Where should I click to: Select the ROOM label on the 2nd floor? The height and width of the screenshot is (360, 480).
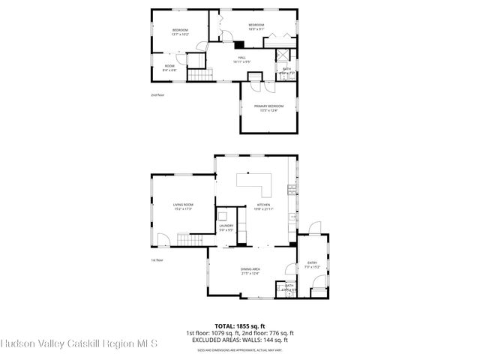click(x=169, y=67)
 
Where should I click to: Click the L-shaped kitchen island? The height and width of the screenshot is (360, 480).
click(x=255, y=182)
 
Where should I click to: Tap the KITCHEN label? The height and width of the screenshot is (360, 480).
click(x=263, y=205)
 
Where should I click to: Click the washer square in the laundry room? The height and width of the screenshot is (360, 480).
click(x=223, y=215)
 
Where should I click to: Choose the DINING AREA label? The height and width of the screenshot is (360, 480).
click(x=250, y=271)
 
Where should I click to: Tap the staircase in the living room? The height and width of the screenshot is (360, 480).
click(x=190, y=240)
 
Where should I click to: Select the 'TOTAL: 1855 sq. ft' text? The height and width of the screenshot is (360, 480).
click(x=240, y=327)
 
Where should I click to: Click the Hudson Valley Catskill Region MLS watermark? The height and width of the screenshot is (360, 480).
click(x=79, y=344)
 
